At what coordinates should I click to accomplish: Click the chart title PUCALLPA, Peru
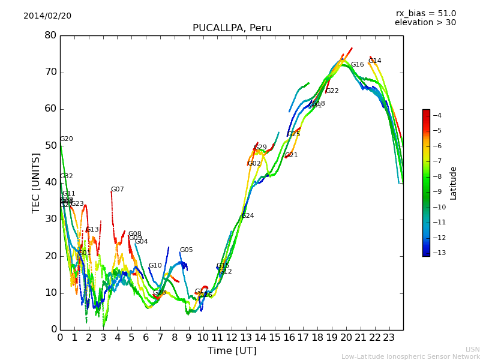(232, 28)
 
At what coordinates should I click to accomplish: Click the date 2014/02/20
(47, 16)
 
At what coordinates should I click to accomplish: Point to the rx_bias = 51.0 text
(425, 14)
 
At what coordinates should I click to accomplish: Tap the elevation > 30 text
(425, 23)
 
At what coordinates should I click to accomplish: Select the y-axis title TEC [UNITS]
(36, 182)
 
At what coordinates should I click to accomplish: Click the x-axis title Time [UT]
(232, 350)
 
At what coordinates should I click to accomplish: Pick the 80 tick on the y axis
(50, 35)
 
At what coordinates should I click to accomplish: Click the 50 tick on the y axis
(50, 146)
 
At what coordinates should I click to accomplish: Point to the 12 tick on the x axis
(232, 337)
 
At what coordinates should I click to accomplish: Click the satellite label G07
(117, 190)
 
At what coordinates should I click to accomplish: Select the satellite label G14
(374, 61)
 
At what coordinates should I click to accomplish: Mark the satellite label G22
(332, 91)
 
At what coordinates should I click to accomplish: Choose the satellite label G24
(247, 216)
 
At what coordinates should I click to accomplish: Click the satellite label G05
(186, 250)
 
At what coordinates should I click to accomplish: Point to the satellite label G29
(260, 148)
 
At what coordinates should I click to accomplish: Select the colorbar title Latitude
(454, 182)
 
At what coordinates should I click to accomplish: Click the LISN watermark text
(472, 349)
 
